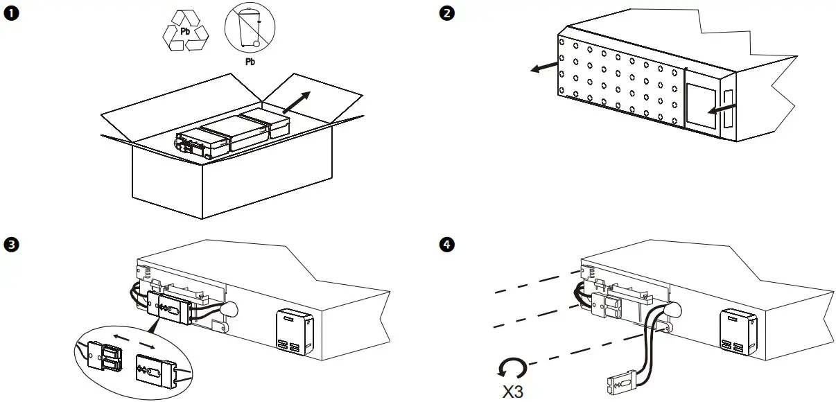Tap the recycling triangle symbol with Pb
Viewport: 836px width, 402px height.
coord(185,31)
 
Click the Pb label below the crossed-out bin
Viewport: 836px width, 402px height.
coord(250,62)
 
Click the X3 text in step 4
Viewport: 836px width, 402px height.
coord(513,391)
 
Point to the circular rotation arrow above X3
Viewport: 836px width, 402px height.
coord(513,367)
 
